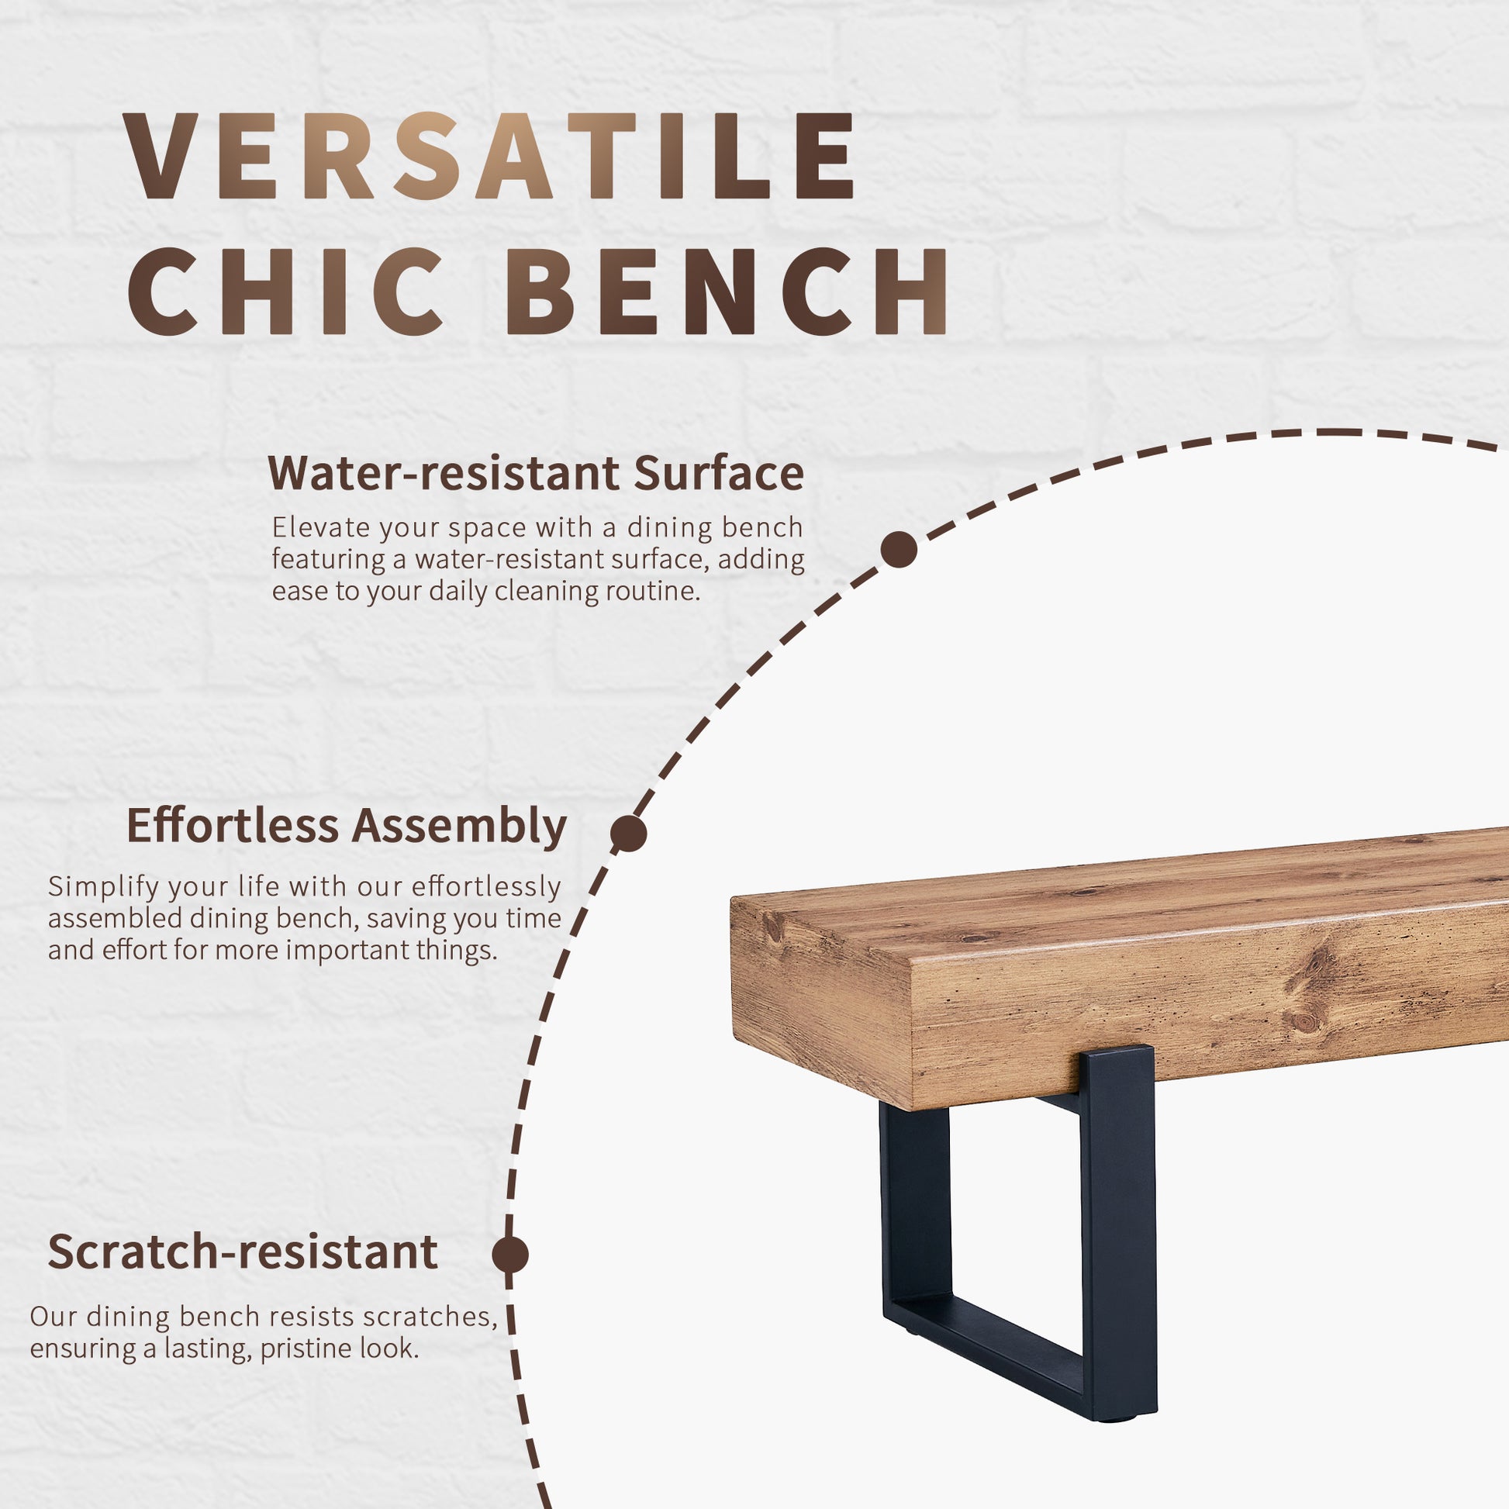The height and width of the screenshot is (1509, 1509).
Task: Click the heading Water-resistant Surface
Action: click(x=535, y=473)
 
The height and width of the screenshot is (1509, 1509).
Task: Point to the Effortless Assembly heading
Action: click(x=346, y=826)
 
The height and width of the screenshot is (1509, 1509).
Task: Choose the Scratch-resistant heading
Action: click(x=242, y=1252)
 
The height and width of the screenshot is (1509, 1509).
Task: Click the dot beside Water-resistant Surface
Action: click(x=898, y=550)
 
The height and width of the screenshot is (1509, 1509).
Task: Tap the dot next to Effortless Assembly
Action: click(x=629, y=834)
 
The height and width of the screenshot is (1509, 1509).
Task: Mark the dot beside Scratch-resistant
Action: click(x=510, y=1255)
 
